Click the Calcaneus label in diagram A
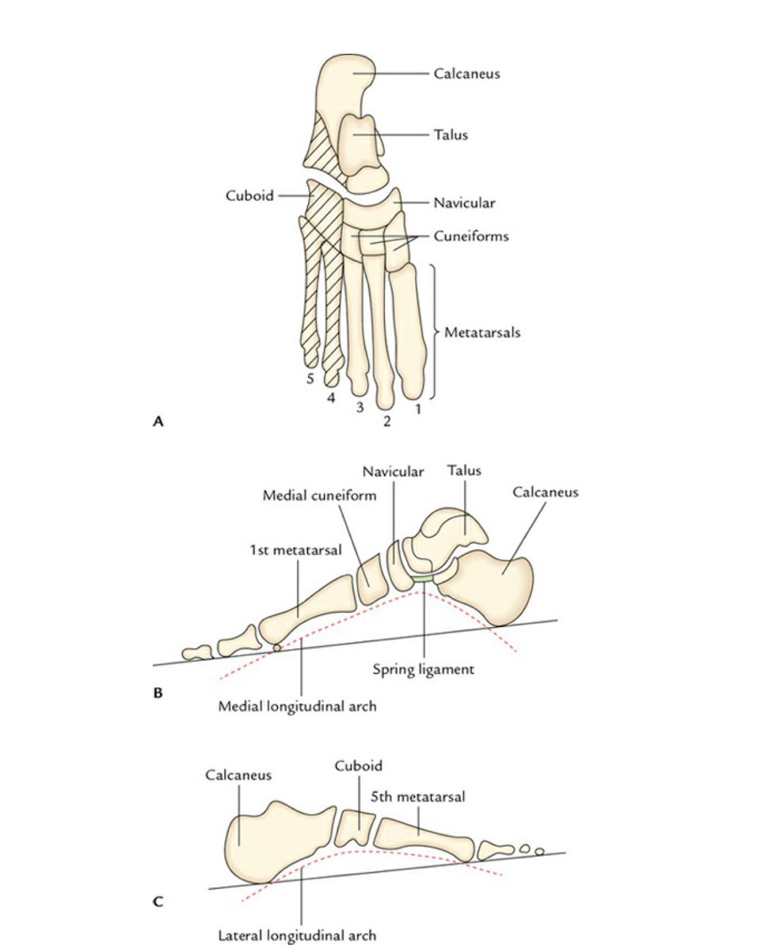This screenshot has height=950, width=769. (x=466, y=74)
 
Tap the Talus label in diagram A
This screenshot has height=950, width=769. (x=450, y=135)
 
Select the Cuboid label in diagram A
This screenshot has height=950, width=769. (x=249, y=195)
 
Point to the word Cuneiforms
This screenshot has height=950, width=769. (x=470, y=236)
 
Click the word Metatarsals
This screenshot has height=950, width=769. (x=482, y=332)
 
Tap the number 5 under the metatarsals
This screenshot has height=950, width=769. (x=311, y=379)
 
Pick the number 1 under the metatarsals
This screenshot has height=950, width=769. (x=417, y=409)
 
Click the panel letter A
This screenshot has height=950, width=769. (x=158, y=423)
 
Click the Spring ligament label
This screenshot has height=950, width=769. (x=423, y=669)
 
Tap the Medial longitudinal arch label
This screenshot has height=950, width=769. (x=297, y=705)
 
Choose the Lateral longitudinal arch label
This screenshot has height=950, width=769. (x=297, y=935)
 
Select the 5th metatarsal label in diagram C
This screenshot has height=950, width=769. (x=417, y=797)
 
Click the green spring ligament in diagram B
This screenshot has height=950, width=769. (x=422, y=580)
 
